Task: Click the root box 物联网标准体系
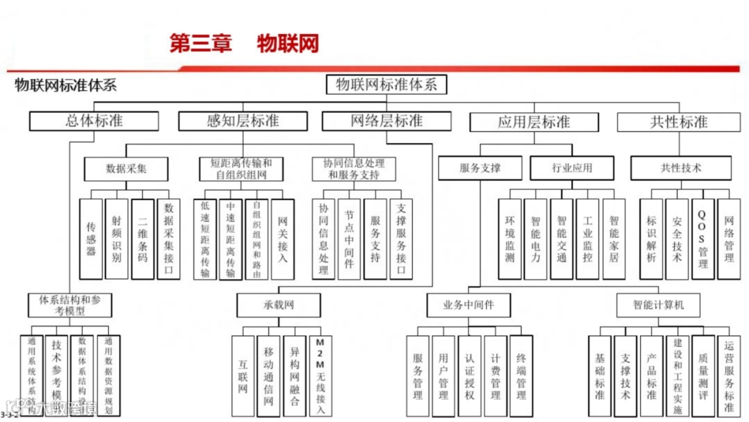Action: click(x=386, y=85)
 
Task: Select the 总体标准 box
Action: click(x=94, y=121)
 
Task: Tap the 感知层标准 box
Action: click(x=242, y=121)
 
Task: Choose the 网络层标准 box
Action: click(x=386, y=121)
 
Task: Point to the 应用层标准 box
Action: click(x=533, y=122)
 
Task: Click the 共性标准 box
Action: click(x=678, y=122)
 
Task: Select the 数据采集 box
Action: click(x=126, y=168)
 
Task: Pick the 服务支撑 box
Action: click(x=480, y=168)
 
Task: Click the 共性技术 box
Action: click(x=680, y=168)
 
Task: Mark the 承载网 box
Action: click(x=279, y=305)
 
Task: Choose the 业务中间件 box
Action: click(x=469, y=305)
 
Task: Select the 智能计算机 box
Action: click(x=658, y=305)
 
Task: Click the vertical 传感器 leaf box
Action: click(x=91, y=239)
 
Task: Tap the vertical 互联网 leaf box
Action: click(x=243, y=376)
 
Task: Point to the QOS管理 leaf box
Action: click(x=702, y=239)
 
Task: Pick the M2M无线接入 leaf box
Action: click(x=320, y=376)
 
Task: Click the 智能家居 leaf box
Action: click(x=614, y=239)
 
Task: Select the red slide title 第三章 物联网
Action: click(x=244, y=43)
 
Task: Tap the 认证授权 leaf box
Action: click(x=470, y=376)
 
